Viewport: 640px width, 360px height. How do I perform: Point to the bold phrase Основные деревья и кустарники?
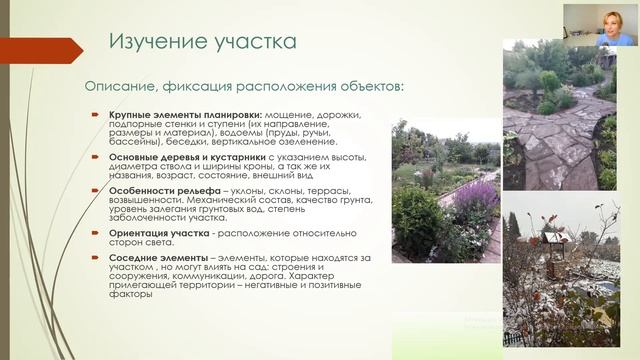coord(187,158)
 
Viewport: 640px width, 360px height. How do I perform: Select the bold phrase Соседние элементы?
coord(153,258)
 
